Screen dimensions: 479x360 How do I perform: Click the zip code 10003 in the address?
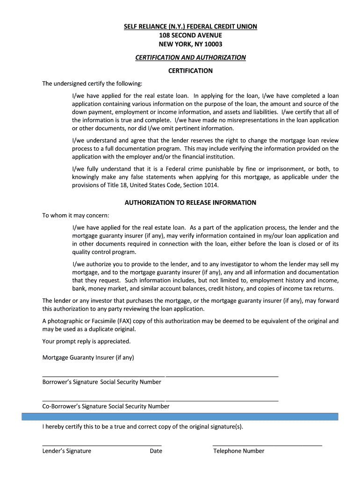coord(213,44)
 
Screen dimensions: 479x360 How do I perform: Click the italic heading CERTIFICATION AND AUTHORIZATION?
coord(190,58)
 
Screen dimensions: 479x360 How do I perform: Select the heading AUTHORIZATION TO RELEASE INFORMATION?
coord(190,203)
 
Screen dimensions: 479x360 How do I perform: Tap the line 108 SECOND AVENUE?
coord(190,36)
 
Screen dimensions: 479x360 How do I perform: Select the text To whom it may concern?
coord(76,216)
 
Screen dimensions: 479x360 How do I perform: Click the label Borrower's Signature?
coord(70,382)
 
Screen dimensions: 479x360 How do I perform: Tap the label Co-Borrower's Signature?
coord(74,406)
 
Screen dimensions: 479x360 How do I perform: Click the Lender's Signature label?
coord(67,451)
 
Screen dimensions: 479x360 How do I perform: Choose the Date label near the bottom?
coord(156,451)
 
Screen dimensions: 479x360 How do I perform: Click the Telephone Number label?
coord(239,451)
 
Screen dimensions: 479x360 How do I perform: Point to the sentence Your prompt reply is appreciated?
coord(86,341)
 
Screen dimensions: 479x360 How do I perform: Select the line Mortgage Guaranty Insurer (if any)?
coord(88,357)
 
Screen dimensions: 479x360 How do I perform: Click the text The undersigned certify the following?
coord(92,84)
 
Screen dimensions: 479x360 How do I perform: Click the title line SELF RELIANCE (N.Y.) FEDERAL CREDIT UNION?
coord(190,27)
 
